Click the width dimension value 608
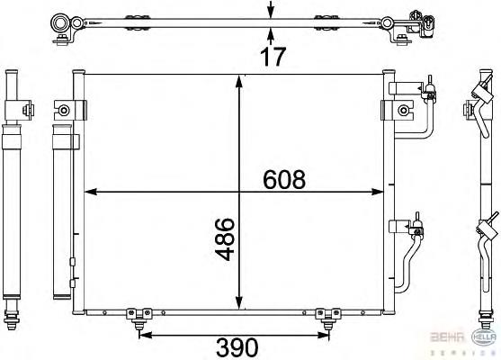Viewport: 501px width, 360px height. [285, 178]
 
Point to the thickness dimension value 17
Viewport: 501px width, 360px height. [273, 57]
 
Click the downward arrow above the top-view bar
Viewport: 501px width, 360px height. [271, 11]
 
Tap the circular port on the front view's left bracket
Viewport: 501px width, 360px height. [64, 110]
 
